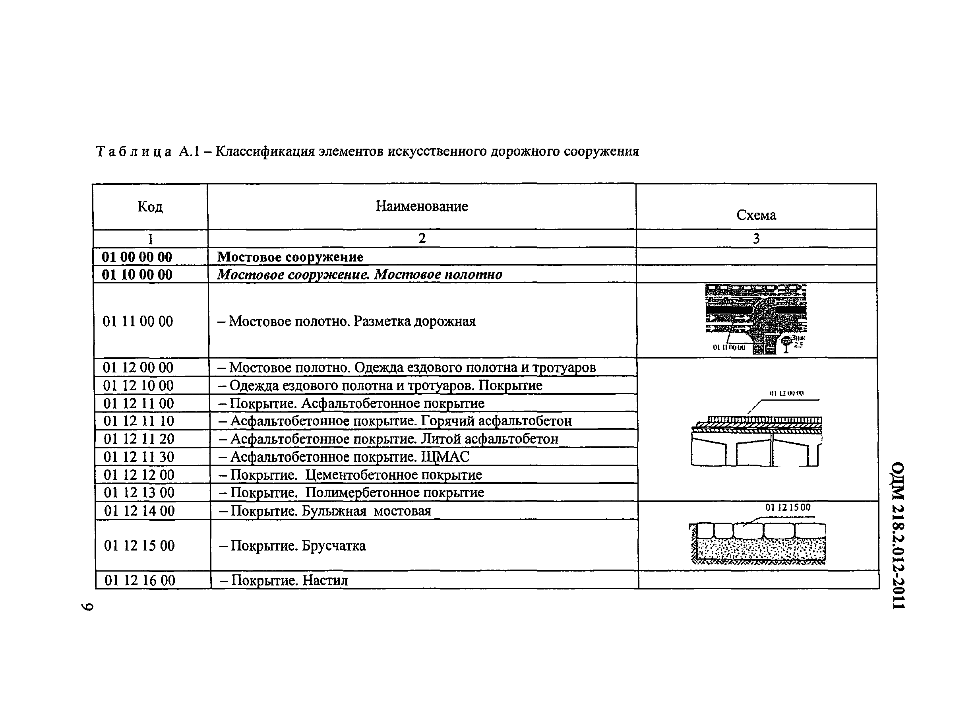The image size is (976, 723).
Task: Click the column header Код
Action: pos(150,207)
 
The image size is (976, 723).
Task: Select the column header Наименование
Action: pos(421,206)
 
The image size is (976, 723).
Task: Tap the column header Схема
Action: pos(756,215)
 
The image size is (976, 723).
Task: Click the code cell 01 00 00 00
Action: pos(137,257)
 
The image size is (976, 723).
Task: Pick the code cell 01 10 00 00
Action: pos(137,275)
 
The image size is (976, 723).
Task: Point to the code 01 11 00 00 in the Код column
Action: pos(138,322)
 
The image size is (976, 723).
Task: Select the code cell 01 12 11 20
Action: pos(139,439)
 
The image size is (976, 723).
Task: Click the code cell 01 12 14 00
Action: pos(139,511)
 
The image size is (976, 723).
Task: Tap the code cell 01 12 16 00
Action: pos(140,581)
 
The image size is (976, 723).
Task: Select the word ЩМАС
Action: pos(445,457)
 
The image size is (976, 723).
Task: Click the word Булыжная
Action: pos(334,511)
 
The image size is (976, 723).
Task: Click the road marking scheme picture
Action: pos(755,319)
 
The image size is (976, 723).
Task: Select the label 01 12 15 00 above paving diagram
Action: pos(788,508)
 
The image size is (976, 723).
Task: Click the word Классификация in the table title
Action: pos(265,152)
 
